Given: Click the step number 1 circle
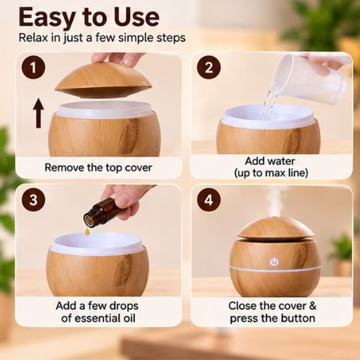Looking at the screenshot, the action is [33, 67].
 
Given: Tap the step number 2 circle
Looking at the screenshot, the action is [208, 67].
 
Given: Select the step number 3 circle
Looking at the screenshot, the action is [33, 199].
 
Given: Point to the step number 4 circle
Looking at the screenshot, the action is [208, 199].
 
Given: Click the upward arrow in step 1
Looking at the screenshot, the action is [38, 113].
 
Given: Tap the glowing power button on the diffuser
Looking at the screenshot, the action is [274, 262].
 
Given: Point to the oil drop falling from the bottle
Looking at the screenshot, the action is [87, 232].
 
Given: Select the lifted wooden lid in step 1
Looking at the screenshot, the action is [103, 80].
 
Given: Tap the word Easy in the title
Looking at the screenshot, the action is [47, 17].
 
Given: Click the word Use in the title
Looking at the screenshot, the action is [136, 17].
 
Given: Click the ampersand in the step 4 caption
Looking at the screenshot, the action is [313, 306].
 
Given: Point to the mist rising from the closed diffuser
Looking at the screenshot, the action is [277, 202].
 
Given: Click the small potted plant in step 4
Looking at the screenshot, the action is [341, 255].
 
